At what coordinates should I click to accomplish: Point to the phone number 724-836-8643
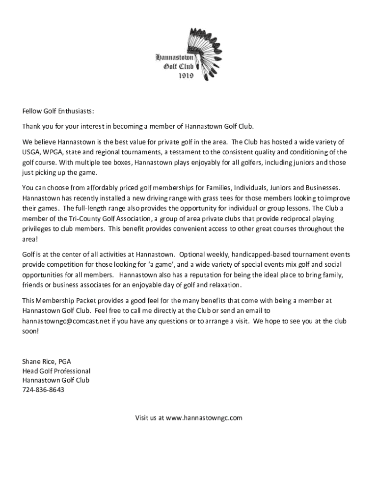43,390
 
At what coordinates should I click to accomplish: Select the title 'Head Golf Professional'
56,371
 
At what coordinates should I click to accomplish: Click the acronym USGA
31,152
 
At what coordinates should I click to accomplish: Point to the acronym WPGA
54,152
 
